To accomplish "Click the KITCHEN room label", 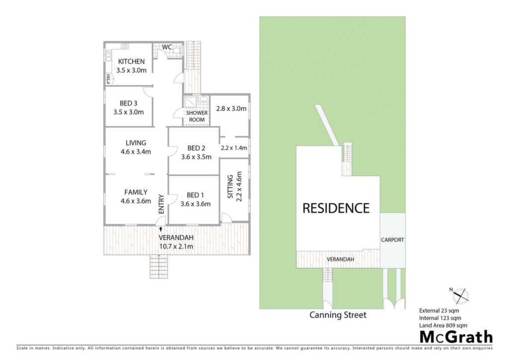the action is pyautogui.click(x=131, y=61).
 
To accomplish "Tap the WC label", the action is pyautogui.click(x=167, y=47).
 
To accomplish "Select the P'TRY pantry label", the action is pyautogui.click(x=108, y=79).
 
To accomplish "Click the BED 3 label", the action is pyautogui.click(x=129, y=103).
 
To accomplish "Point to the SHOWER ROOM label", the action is pyautogui.click(x=197, y=116).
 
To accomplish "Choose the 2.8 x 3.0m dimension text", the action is pyautogui.click(x=231, y=108).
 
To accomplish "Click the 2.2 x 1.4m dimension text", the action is pyautogui.click(x=234, y=148).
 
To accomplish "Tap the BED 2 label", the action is pyautogui.click(x=196, y=148).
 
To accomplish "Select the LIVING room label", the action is pyautogui.click(x=136, y=143).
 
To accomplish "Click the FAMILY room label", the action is pyautogui.click(x=136, y=192).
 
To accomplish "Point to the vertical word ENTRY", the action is pyautogui.click(x=162, y=204).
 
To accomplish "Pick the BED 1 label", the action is pyautogui.click(x=195, y=195).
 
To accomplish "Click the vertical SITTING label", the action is pyautogui.click(x=230, y=186).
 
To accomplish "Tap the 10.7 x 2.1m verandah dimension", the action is pyautogui.click(x=176, y=247).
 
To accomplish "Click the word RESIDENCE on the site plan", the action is pyautogui.click(x=336, y=208).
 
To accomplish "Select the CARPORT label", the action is pyautogui.click(x=393, y=240).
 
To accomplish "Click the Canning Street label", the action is pyautogui.click(x=338, y=315).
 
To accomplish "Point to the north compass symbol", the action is pyautogui.click(x=460, y=295).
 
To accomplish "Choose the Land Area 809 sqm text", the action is pyautogui.click(x=443, y=325).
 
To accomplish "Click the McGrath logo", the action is pyautogui.click(x=456, y=337).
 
